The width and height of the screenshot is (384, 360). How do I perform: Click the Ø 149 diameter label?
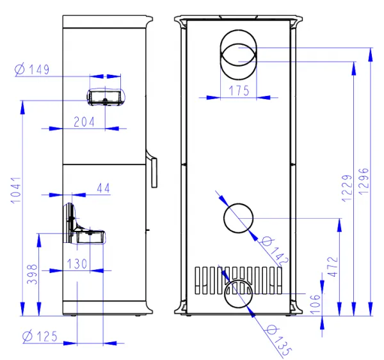pos(32,69)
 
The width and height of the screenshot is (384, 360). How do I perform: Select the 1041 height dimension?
pos(16,190)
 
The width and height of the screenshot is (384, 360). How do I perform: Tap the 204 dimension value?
pos(84,122)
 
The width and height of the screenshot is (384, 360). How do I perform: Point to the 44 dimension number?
pos(103,188)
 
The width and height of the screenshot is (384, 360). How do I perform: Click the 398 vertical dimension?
pos(33,274)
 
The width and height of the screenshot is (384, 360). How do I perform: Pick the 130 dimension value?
pos(77,264)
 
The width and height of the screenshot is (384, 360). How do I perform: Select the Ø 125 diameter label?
pos(40,336)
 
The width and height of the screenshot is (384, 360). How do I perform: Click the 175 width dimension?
pos(239,91)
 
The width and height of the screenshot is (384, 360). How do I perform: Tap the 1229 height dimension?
pos(347,188)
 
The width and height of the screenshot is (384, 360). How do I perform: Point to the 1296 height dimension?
pos(364,182)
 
